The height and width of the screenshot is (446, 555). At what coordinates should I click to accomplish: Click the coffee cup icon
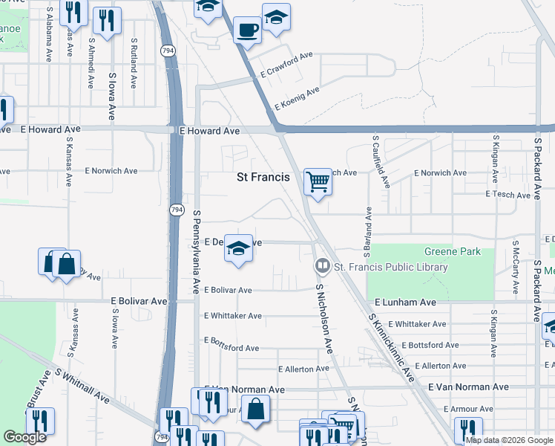(x=247, y=30)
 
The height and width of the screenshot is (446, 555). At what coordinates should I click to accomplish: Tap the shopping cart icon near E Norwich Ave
(x=318, y=181)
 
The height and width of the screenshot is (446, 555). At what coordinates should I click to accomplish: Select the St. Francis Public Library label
(x=391, y=267)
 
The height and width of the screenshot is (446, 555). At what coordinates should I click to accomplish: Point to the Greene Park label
(x=452, y=251)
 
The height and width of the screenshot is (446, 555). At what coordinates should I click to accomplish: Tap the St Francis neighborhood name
(x=263, y=177)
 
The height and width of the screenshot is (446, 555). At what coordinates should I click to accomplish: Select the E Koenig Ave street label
(x=296, y=97)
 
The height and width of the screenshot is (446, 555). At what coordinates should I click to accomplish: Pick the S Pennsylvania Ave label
(x=197, y=251)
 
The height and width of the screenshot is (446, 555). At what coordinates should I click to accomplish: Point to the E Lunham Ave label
(x=405, y=303)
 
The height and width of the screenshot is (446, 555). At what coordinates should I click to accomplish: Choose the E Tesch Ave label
(x=508, y=194)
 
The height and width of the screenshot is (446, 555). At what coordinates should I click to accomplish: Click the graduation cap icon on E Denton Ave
(x=238, y=249)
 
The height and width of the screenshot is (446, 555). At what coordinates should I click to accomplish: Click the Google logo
(x=24, y=437)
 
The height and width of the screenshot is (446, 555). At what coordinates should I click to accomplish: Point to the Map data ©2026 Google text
(x=509, y=440)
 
